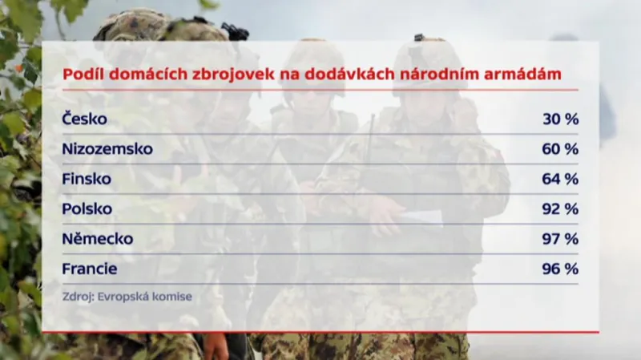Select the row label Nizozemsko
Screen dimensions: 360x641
pos(107,149)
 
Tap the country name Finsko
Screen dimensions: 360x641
pos(86,179)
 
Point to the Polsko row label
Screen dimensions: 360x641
pos(87,208)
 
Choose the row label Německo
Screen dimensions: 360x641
pos(97,239)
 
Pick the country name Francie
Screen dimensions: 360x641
pos(90,269)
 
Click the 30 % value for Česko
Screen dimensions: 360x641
pos(559,119)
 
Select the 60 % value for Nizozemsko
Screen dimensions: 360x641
pos(559,149)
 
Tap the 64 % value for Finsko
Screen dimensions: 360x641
pos(559,179)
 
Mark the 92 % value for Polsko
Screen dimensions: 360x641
pos(559,208)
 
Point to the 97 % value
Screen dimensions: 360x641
pos(559,239)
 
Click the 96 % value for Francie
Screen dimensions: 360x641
pos(559,269)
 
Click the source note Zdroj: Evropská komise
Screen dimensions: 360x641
pos(127,296)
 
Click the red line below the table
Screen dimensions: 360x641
pos(320,330)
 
